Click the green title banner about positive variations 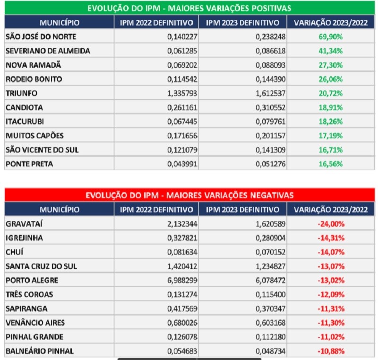(x=189, y=8)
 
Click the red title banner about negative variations (x=189, y=195)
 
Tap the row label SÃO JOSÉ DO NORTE (x=41, y=36)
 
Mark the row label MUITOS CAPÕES (x=34, y=136)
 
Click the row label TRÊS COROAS (x=29, y=295)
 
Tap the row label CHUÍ (x=15, y=252)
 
